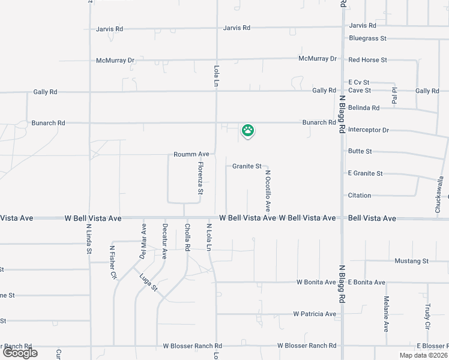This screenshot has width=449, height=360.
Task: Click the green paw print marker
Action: pos(248,130)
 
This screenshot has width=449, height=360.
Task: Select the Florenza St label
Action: pos(201,179)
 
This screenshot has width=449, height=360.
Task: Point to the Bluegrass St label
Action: pos(367,38)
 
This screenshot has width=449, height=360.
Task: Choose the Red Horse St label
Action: pos(367,60)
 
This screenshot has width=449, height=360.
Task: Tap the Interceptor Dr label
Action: pos(369,130)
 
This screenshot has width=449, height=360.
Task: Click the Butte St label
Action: pos(360,152)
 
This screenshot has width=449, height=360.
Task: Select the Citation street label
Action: pos(360,196)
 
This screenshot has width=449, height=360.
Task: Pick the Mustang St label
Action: pos(411,261)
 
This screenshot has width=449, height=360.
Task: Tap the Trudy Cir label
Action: pos(427,313)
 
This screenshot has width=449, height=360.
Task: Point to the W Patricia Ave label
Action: pos(315,314)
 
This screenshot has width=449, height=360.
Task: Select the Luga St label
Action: pos(148,283)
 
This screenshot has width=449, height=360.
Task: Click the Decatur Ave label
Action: pos(164,241)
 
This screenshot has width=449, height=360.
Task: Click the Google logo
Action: pos(20,353)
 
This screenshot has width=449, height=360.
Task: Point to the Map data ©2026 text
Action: pos(423,355)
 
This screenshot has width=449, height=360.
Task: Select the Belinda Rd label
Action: pos(364,108)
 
